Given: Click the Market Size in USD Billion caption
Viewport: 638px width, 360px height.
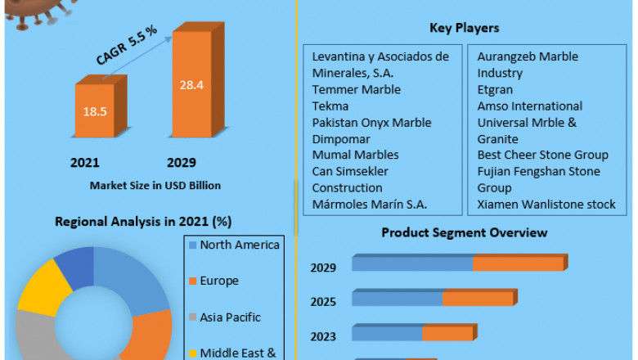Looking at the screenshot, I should click(x=155, y=186).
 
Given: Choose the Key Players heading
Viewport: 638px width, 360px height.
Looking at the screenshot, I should click(x=464, y=29).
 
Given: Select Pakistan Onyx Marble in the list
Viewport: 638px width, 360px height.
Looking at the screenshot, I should click(x=371, y=122).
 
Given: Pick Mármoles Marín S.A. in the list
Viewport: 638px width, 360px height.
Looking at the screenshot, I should click(x=371, y=204).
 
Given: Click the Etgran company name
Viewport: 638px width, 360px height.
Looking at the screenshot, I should click(x=496, y=89).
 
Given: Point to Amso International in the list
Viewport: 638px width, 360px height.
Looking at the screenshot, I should click(x=529, y=106).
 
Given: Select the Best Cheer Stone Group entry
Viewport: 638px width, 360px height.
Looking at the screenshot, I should click(x=542, y=155).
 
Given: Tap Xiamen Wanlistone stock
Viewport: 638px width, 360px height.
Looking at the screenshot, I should click(x=546, y=204).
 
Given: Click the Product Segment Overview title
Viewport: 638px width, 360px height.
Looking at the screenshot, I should click(x=464, y=232).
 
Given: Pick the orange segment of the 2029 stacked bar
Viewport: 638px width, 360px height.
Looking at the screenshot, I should click(x=518, y=263).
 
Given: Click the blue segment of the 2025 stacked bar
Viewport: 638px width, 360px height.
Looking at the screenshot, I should click(x=398, y=298).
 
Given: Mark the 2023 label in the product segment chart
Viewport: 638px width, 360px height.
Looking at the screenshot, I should click(x=323, y=335).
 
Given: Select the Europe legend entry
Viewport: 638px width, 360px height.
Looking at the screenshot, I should click(x=218, y=281).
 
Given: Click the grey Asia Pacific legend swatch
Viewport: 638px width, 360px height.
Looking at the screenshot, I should click(x=192, y=317).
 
